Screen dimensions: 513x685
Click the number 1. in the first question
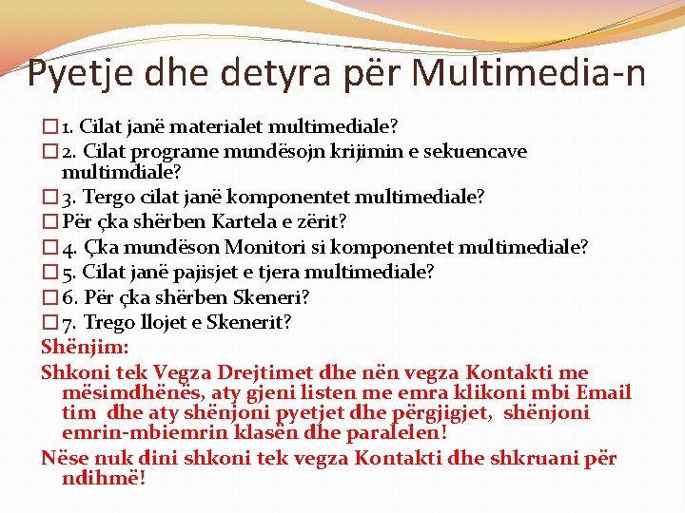tap(68, 126)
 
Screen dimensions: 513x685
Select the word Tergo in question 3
tap(108, 197)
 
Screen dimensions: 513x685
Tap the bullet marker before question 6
tap(49, 297)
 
